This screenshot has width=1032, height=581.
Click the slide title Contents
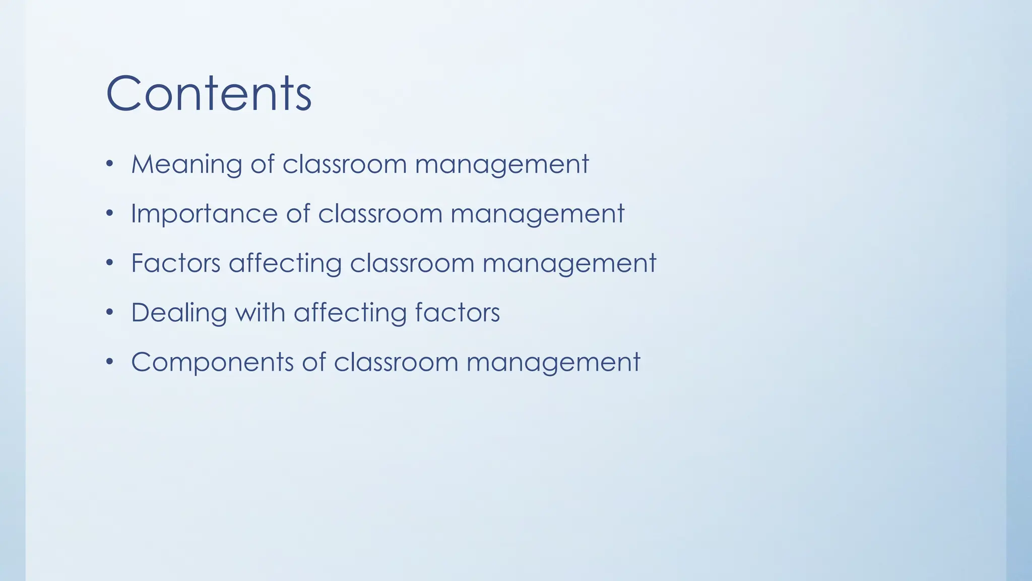(x=209, y=93)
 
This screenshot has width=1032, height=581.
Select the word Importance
(x=204, y=214)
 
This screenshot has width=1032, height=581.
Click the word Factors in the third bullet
(x=175, y=263)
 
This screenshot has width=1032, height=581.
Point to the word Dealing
(x=179, y=313)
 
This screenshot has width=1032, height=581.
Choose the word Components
(x=212, y=363)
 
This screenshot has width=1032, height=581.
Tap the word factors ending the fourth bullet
(x=457, y=312)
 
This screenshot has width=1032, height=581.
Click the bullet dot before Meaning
(x=110, y=164)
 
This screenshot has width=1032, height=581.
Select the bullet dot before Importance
(x=110, y=213)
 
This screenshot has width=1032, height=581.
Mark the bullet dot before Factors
(x=110, y=263)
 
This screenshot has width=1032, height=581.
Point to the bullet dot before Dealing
(x=110, y=312)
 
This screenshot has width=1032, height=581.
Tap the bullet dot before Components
(x=110, y=362)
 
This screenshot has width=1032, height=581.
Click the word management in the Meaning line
(x=502, y=165)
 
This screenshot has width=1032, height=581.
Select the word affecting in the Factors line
(x=285, y=263)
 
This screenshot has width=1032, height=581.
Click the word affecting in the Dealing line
(x=350, y=313)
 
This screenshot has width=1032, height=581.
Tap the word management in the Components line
(x=553, y=363)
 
